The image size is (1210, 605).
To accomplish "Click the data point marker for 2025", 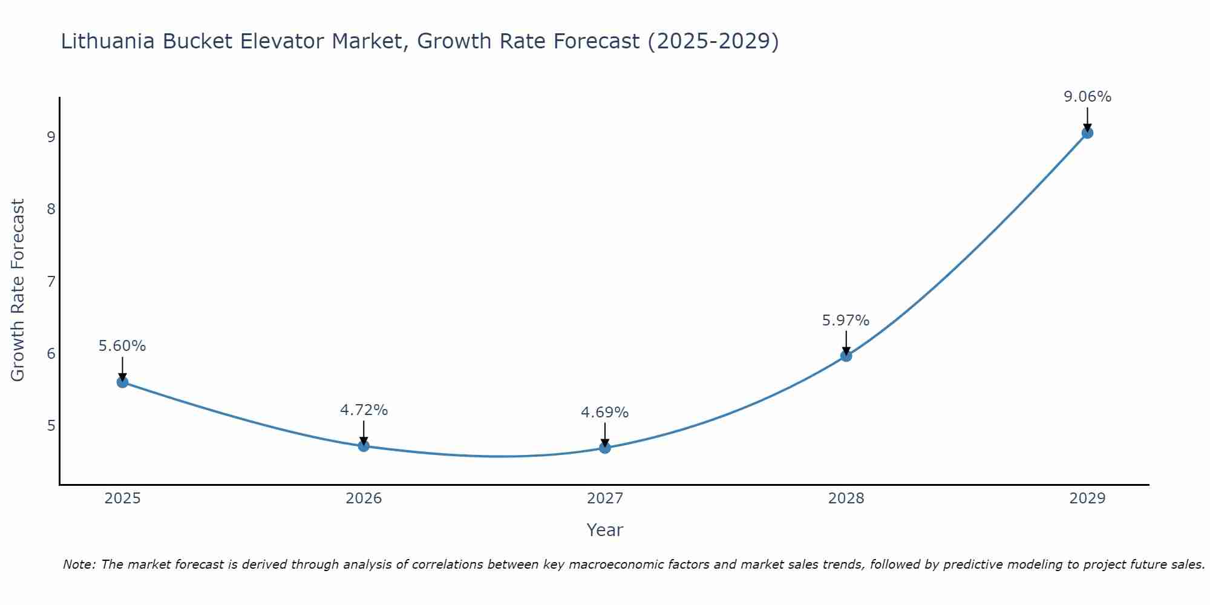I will point(122,382).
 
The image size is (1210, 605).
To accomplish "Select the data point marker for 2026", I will point(364,446).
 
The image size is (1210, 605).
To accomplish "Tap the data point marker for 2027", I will point(605,448).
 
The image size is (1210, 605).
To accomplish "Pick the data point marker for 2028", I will point(846,356).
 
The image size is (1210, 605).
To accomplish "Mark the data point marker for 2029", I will point(1087,133).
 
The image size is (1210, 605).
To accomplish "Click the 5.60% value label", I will point(122,346).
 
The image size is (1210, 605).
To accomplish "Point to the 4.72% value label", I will point(364,410).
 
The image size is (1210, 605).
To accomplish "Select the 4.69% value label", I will point(605,413).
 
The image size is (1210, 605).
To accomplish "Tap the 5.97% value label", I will point(846,321).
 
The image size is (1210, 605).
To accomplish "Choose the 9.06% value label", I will point(1087,97).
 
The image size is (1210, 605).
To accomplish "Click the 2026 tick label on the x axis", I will point(364,499).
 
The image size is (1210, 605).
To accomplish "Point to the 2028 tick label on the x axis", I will point(846,499).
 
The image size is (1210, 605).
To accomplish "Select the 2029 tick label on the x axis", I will point(1087,499).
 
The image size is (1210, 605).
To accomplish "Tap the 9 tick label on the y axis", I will point(51,137).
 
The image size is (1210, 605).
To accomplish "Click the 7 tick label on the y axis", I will point(51,281).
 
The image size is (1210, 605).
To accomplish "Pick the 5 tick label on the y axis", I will point(51,426).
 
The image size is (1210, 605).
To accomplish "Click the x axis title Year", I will point(605,530).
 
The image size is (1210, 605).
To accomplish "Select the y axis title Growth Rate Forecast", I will point(18,290).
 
